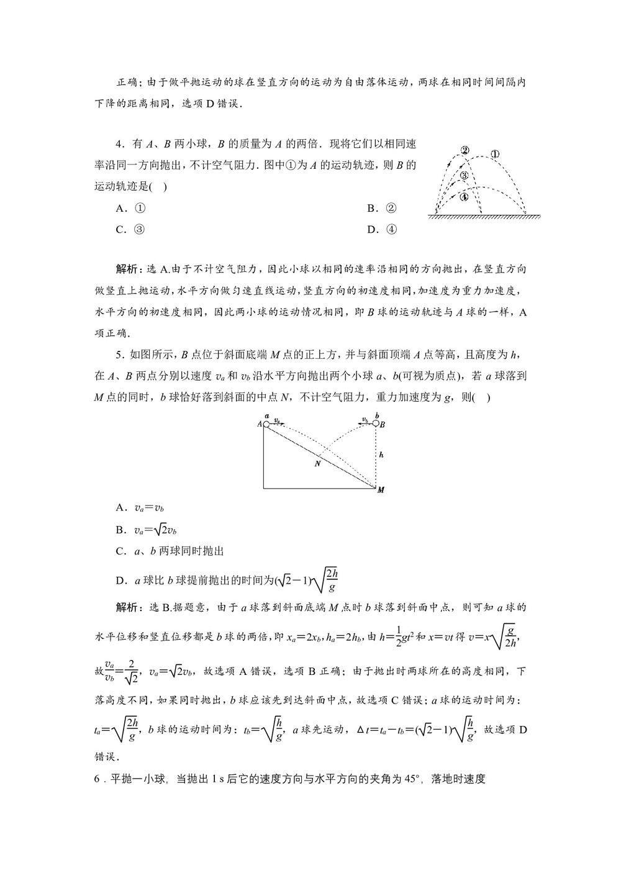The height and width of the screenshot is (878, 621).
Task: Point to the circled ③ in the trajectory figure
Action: (x=464, y=176)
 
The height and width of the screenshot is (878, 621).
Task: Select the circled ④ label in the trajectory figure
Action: (x=464, y=197)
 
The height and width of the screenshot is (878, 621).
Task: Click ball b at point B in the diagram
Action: (x=376, y=423)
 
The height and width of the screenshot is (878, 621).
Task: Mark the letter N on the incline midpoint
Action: (x=317, y=463)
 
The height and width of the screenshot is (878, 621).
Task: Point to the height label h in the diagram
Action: (x=381, y=455)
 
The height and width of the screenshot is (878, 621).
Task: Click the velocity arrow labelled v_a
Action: (x=279, y=422)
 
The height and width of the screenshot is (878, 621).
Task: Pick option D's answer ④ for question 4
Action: (x=391, y=230)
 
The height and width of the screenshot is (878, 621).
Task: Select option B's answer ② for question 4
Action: (x=391, y=209)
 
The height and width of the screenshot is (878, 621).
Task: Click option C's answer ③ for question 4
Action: (x=140, y=230)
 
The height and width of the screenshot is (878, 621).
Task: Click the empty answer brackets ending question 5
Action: (x=481, y=397)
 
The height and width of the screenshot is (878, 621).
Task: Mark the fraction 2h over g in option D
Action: (x=332, y=580)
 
